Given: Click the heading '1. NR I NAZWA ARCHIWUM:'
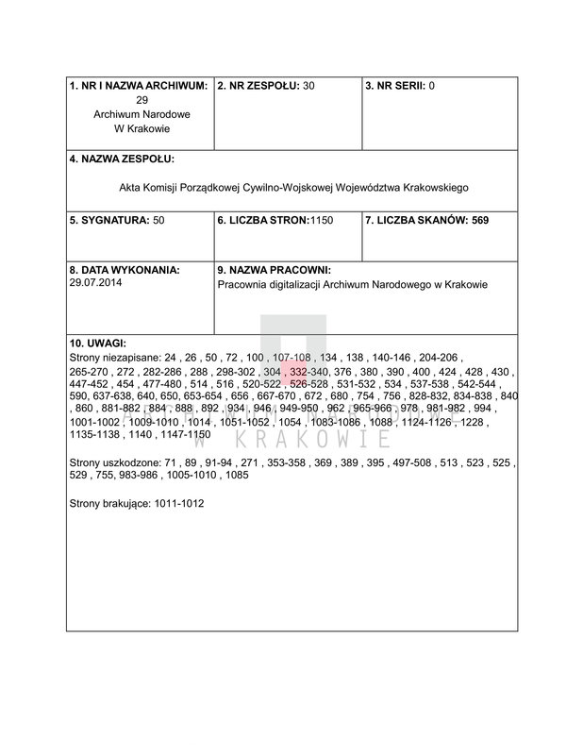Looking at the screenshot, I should click(x=138, y=86).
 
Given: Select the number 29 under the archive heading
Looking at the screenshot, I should click(x=142, y=100).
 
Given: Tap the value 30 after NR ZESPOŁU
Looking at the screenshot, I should click(x=308, y=86).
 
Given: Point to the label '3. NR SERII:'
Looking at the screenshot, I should click(x=395, y=86).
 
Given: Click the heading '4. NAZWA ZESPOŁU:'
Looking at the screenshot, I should click(x=123, y=159).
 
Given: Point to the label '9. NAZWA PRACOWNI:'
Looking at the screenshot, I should click(x=275, y=269).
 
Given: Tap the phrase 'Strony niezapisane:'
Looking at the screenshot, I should click(x=115, y=359).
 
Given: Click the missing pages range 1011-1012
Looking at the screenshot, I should click(x=180, y=504).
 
